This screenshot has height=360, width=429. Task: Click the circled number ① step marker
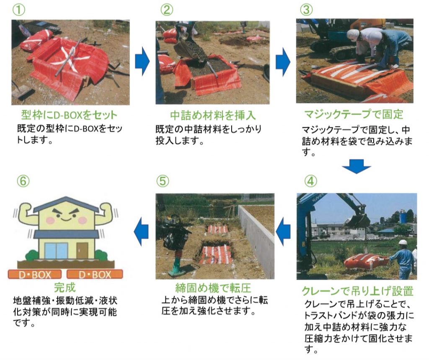(19, 10)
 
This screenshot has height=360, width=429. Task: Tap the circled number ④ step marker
(310, 181)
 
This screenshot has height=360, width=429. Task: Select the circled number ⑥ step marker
(23, 181)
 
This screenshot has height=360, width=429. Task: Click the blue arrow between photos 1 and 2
(142, 61)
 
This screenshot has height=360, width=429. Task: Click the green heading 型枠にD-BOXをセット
(69, 115)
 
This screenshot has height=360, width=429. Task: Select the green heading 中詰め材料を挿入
(213, 115)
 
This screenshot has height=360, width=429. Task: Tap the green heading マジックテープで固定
(354, 114)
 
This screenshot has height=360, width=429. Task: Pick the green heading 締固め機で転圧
(213, 288)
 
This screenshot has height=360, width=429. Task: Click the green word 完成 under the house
(65, 287)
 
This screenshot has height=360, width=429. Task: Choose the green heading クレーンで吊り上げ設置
(357, 291)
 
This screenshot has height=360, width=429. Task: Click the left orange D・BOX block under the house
(35, 274)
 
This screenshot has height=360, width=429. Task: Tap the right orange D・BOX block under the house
(95, 274)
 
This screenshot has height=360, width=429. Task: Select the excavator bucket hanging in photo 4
(357, 220)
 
